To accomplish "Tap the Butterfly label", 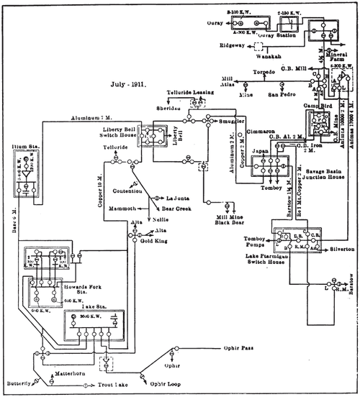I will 17,383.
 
